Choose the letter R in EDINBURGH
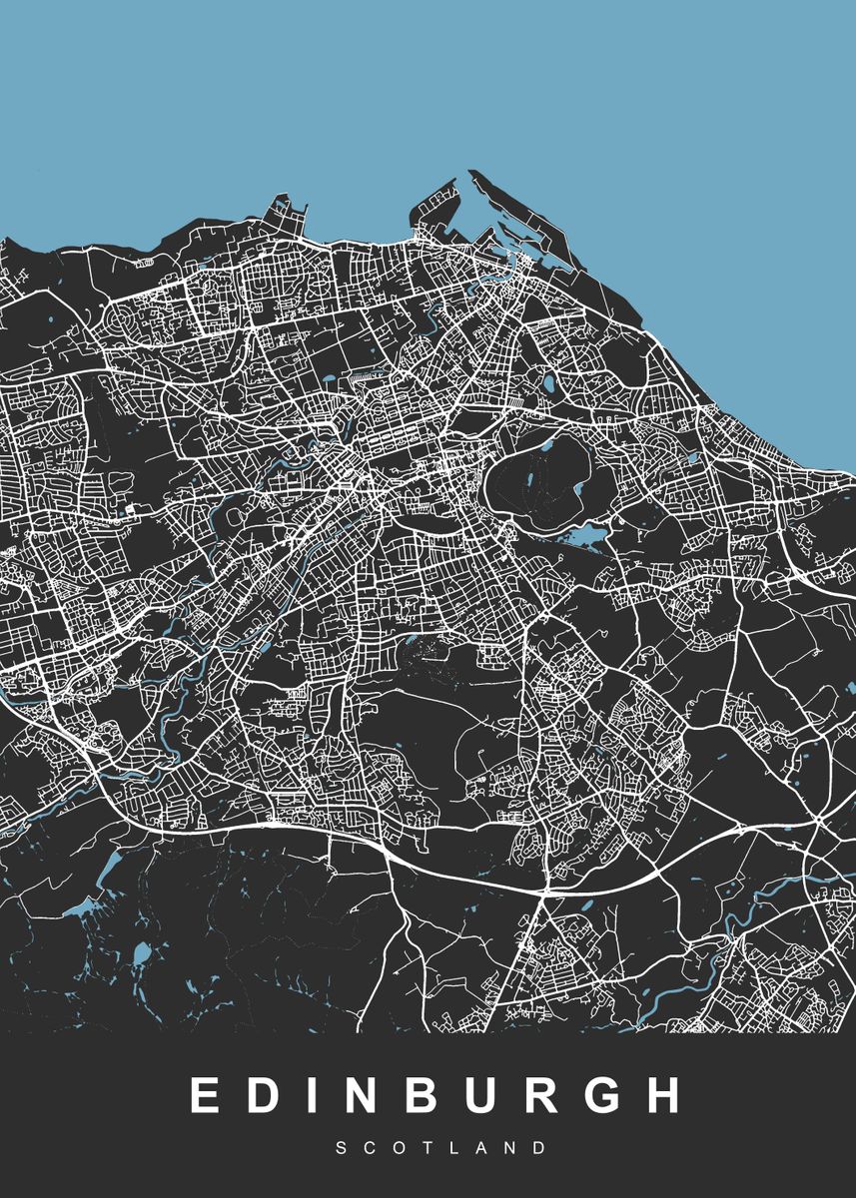561,1095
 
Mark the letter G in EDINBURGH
625,1095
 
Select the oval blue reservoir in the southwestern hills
141,955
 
